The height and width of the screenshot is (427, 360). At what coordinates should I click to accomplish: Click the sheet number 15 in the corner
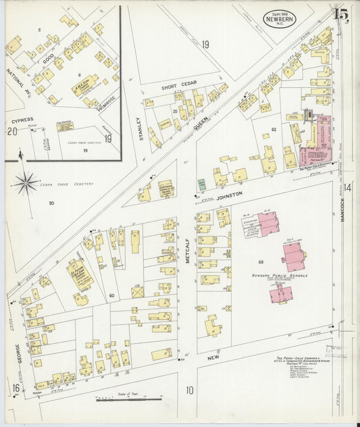pyautogui.click(x=340, y=13)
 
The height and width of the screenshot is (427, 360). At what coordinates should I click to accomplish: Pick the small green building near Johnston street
pyautogui.click(x=201, y=184)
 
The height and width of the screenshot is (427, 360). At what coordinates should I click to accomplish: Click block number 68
pyautogui.click(x=259, y=261)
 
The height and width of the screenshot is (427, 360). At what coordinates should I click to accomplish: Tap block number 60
pyautogui.click(x=111, y=295)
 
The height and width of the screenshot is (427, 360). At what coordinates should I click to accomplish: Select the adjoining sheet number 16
pyautogui.click(x=14, y=387)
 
